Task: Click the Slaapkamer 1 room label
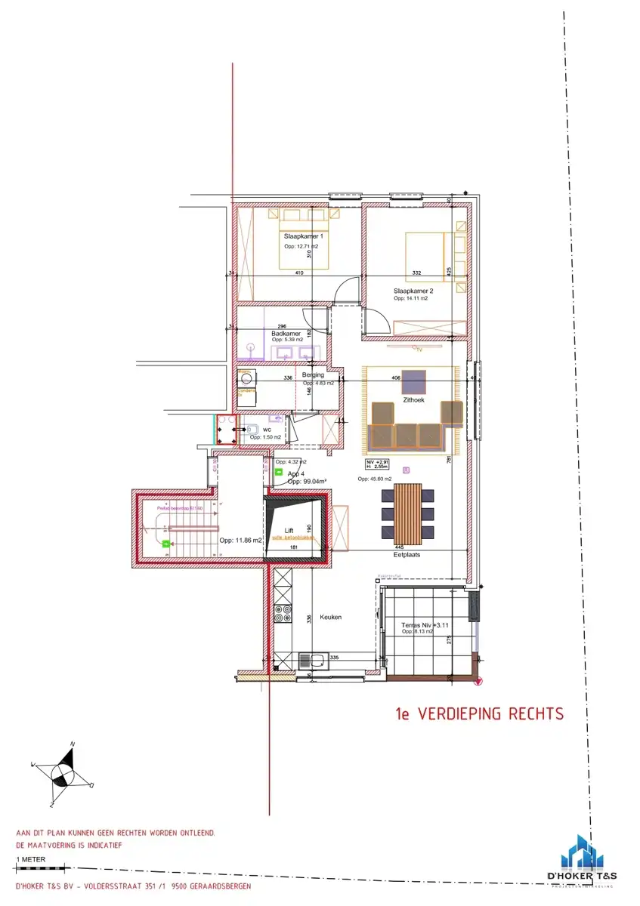298,236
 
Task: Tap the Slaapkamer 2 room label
413,291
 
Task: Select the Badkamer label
286,333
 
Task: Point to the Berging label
313,374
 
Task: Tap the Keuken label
330,617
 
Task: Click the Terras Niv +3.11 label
413,624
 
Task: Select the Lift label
289,530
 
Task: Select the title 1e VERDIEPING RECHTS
480,713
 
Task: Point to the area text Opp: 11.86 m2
240,541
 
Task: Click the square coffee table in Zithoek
413,380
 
